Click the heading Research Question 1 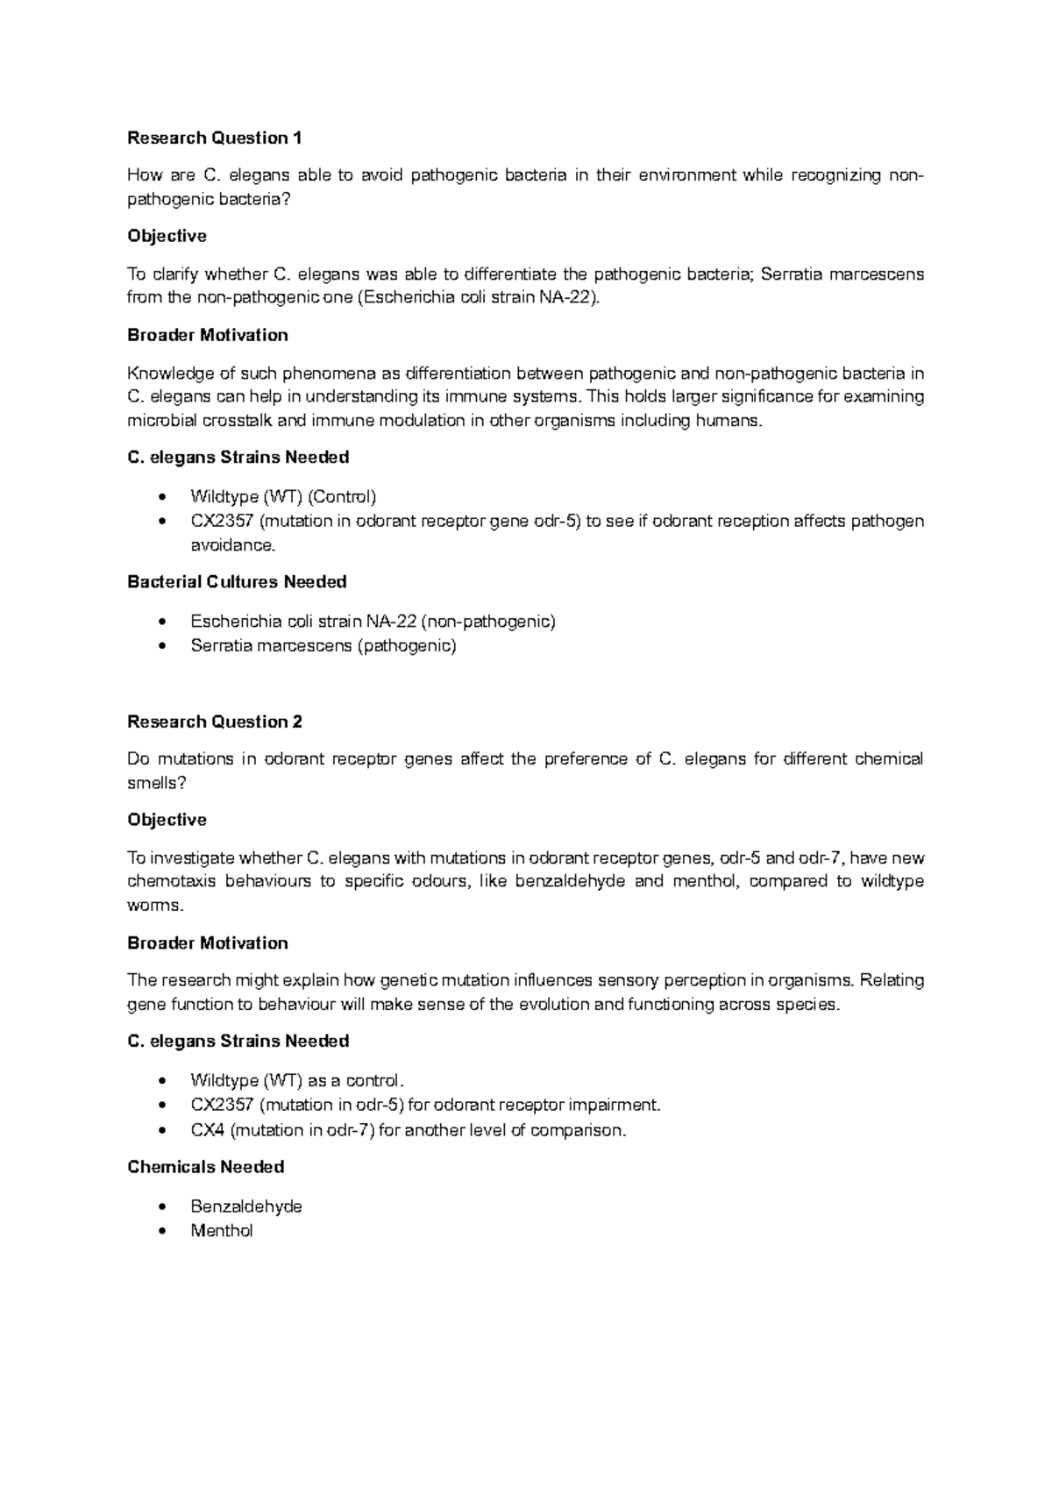[214, 138]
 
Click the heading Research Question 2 [214, 722]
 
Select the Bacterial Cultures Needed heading [237, 582]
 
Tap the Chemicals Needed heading [205, 1167]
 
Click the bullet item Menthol [222, 1231]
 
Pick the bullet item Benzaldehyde [246, 1206]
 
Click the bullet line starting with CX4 [409, 1130]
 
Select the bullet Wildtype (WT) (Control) [283, 497]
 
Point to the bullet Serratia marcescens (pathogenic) [323, 646]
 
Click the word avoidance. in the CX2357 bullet [232, 545]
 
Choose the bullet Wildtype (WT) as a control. [298, 1080]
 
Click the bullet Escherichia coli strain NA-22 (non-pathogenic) [373, 622]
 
